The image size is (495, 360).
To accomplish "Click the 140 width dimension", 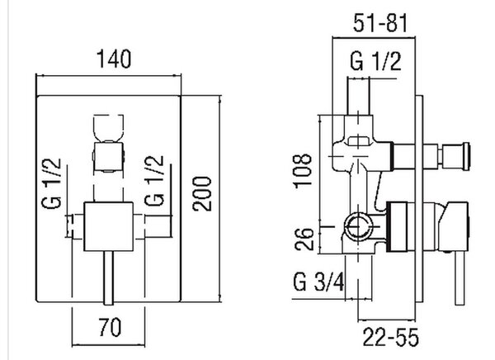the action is [x=114, y=59].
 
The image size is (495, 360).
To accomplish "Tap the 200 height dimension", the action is [x=202, y=193].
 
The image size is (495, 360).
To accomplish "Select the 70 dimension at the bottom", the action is [x=110, y=328].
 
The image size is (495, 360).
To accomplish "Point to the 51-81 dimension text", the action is [x=380, y=23].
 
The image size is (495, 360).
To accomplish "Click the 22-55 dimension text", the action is [x=390, y=337].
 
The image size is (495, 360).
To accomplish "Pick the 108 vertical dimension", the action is [x=303, y=171].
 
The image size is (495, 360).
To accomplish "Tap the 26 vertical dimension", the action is [x=304, y=239].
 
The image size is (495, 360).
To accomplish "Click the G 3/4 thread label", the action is [x=318, y=282].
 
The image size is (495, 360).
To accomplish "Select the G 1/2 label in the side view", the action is [x=375, y=61].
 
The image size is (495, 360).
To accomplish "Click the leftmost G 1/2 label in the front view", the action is [x=51, y=183].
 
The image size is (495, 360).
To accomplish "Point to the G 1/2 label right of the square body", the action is [x=154, y=181].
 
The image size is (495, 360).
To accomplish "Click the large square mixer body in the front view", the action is [x=108, y=226].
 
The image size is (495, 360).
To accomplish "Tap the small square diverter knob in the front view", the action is [x=108, y=156].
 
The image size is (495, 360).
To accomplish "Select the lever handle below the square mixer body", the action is [x=108, y=278].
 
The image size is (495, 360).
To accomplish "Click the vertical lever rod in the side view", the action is [x=460, y=277].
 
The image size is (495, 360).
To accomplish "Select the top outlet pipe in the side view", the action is [x=358, y=96].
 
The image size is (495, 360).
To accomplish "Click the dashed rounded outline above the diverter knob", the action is [x=108, y=128].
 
